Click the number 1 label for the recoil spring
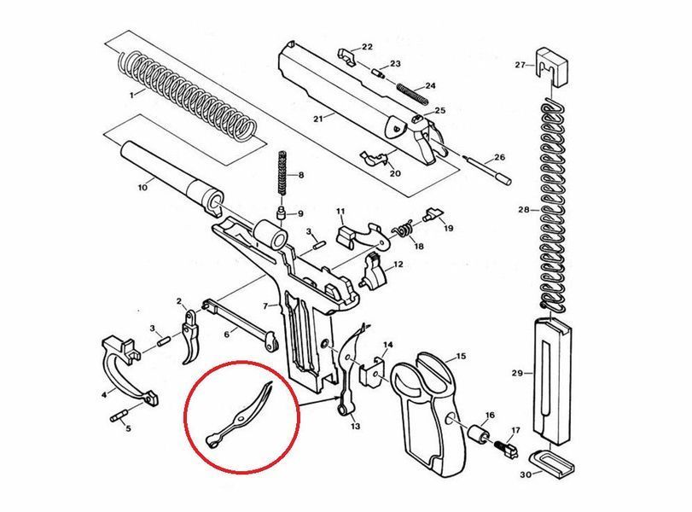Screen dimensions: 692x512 click(x=131, y=95)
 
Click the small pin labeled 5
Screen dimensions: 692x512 click(x=119, y=416)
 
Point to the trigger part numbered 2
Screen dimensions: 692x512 click(x=191, y=335)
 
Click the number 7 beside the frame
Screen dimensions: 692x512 click(x=265, y=305)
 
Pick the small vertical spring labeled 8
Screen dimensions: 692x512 click(x=282, y=174)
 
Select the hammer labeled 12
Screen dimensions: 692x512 click(x=375, y=271)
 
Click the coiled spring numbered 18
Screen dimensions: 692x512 click(x=403, y=230)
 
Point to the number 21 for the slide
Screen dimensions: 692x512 click(x=318, y=119)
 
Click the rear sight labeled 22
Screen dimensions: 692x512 click(x=350, y=57)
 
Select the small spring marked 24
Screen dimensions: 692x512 click(x=412, y=94)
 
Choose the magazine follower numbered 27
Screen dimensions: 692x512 click(x=553, y=67)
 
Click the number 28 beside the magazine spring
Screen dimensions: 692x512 click(x=523, y=210)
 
